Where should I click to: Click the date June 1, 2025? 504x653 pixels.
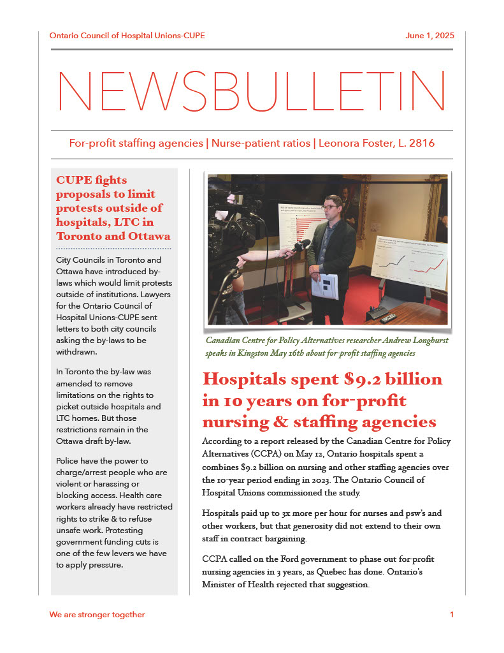[x=429, y=36]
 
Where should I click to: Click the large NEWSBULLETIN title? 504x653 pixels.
[x=252, y=91]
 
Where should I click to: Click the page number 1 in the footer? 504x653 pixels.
[x=452, y=615]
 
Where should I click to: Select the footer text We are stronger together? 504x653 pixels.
[x=97, y=615]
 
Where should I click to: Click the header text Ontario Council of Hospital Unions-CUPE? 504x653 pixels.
[x=127, y=36]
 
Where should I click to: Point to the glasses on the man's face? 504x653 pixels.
[x=329, y=207]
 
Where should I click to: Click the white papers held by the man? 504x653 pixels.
[x=324, y=285]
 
